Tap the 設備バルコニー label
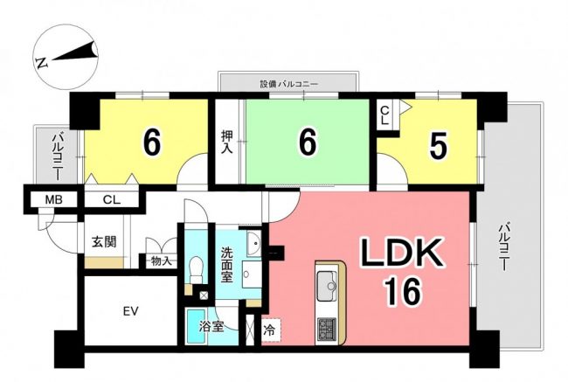288,85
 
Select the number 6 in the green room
308,142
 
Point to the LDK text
400,253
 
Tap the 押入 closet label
227,142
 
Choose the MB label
54,199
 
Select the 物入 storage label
162,261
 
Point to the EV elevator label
131,311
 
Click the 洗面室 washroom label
227,265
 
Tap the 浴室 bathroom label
211,327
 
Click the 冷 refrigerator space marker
269,330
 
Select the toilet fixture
197,270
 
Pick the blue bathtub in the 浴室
196,327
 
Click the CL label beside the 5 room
385,115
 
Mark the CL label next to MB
112,199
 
